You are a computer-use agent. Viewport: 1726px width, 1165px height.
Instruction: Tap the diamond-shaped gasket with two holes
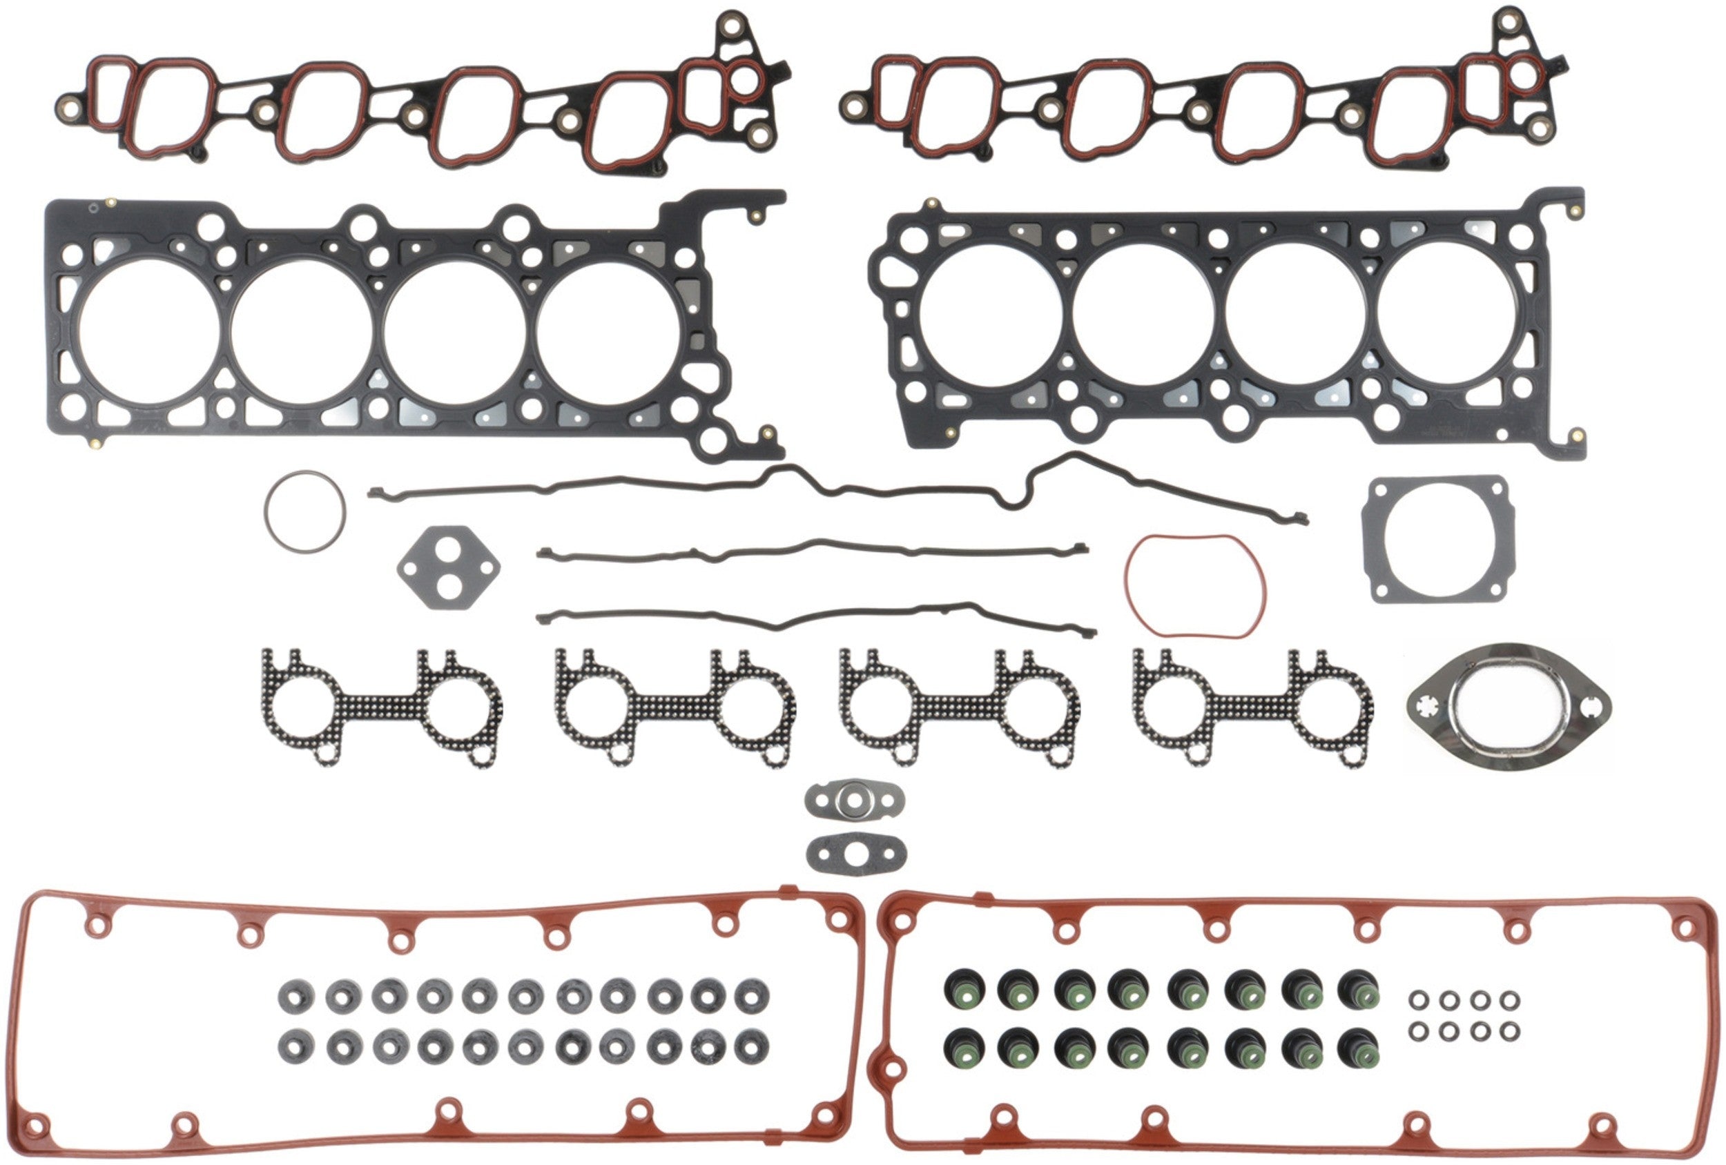pos(449,567)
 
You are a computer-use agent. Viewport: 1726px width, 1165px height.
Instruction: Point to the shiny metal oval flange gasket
pos(1508,707)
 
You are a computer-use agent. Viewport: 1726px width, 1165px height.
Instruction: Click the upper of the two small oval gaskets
pos(854,799)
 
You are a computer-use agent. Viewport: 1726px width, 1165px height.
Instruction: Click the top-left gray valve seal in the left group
pos(296,997)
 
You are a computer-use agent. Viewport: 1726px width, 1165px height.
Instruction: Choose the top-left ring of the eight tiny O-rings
pos(1419,1001)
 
